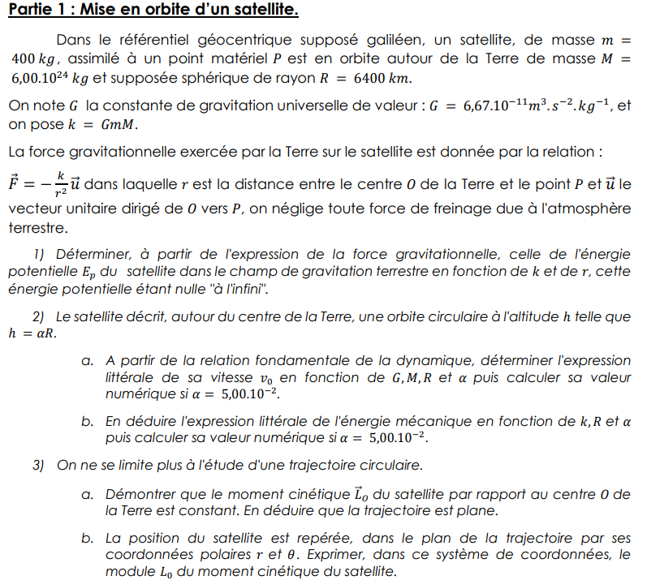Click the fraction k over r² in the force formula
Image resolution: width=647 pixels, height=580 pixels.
(60, 185)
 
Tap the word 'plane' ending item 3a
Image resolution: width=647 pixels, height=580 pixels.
(478, 511)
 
